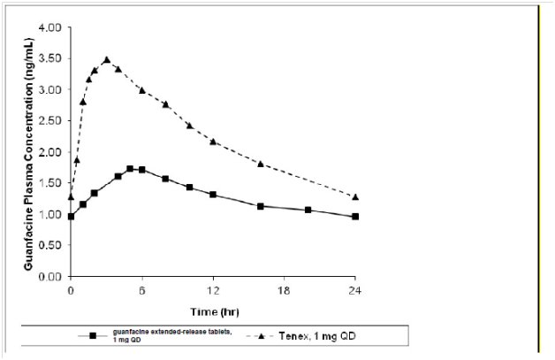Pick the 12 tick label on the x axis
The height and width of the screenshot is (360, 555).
213,290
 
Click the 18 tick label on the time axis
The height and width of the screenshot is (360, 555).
284,290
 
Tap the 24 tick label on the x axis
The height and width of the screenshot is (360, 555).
355,290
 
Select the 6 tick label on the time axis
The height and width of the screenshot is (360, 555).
141,290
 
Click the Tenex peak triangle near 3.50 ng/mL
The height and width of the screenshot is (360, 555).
106,60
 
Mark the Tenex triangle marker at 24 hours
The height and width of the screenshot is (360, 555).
355,196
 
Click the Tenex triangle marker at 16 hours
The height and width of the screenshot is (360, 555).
260,164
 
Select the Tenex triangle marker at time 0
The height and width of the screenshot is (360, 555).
71,196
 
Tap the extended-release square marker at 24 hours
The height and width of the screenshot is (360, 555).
355,217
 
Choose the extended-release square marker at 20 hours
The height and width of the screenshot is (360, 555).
308,210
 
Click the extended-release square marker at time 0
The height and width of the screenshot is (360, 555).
71,217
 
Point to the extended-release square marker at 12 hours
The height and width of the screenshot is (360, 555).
213,194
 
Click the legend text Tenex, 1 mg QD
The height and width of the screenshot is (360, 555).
314,337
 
